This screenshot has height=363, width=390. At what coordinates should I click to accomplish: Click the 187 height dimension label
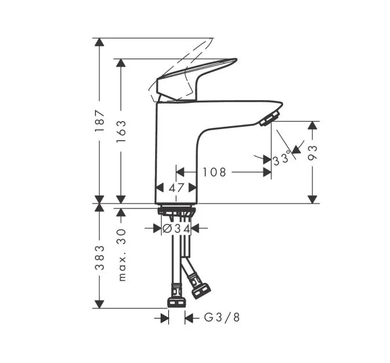tap(100, 121)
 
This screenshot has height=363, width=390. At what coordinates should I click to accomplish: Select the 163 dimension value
tap(121, 131)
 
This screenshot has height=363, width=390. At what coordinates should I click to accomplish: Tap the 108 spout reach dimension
tap(215, 172)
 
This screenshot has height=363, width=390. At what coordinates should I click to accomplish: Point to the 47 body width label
tap(176, 188)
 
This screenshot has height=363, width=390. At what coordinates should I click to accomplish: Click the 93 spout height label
tap(312, 153)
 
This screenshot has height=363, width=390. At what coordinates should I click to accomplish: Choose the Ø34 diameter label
tap(176, 229)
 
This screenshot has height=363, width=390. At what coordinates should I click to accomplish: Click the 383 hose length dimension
tap(100, 258)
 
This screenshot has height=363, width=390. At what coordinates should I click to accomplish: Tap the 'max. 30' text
tap(122, 255)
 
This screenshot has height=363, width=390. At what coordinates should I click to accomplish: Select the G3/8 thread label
tap(222, 317)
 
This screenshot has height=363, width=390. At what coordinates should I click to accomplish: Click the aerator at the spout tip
tap(270, 119)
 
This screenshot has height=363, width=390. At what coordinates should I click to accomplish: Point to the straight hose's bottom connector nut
tap(177, 302)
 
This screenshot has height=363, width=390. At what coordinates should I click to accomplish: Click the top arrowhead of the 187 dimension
tap(100, 42)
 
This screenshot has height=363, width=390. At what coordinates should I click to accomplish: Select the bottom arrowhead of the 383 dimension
tap(100, 304)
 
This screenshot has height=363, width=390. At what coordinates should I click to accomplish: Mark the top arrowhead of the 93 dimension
tap(312, 125)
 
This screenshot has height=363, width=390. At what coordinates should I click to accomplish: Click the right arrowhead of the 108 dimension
tap(267, 172)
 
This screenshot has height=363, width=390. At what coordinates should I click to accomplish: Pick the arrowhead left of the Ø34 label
tap(157, 228)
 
